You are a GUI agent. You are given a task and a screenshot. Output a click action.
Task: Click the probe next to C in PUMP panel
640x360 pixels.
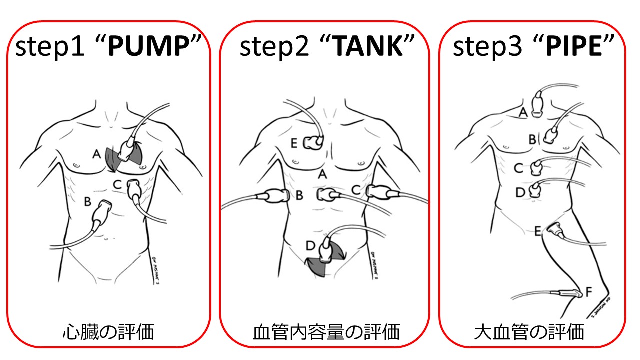tap(135, 190)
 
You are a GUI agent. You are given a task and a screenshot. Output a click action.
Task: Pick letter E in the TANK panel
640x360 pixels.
tap(294, 144)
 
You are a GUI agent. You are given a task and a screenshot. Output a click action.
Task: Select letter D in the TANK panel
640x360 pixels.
tap(310, 246)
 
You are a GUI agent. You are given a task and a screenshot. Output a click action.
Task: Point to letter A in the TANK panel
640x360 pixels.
tap(322, 174)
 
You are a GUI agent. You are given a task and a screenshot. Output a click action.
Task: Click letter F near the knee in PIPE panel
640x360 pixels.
tap(588, 289)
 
